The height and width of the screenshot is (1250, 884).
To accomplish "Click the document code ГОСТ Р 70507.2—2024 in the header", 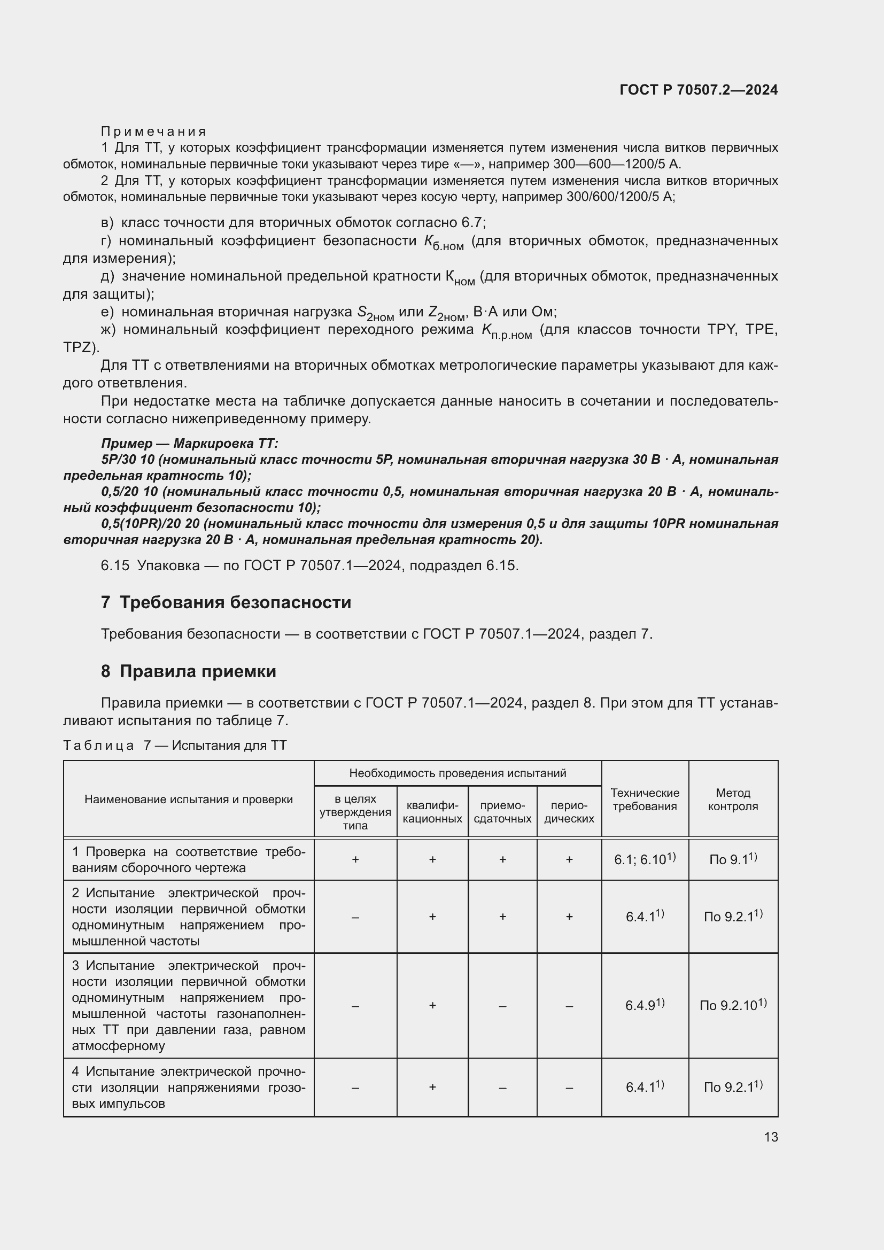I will point(699,90).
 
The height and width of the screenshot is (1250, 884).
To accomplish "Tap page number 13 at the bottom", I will point(771,1137).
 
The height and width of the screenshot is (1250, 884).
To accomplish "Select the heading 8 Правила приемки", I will point(188,671).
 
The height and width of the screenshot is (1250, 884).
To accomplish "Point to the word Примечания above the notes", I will point(153,131).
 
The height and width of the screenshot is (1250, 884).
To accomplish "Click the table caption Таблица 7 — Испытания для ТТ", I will point(175,746).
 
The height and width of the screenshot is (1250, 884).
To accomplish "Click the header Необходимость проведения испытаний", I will point(457,773).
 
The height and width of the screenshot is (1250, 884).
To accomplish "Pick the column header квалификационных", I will point(432,812).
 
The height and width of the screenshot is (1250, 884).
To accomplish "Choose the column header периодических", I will point(569,812).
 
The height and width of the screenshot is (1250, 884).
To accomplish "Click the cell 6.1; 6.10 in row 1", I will point(645,859).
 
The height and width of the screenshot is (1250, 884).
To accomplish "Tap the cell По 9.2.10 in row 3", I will point(733,1005).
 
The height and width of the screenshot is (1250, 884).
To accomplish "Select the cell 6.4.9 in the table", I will point(645,1005).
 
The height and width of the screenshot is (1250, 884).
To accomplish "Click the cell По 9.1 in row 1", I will point(733,859).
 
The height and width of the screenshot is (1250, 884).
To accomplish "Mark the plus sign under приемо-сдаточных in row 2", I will point(502,917).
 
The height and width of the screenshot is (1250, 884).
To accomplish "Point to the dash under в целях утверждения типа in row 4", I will point(355,1088).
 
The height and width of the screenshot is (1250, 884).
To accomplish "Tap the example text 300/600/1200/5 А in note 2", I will point(620,197).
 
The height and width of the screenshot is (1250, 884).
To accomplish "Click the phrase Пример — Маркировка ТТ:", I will point(189,443).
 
